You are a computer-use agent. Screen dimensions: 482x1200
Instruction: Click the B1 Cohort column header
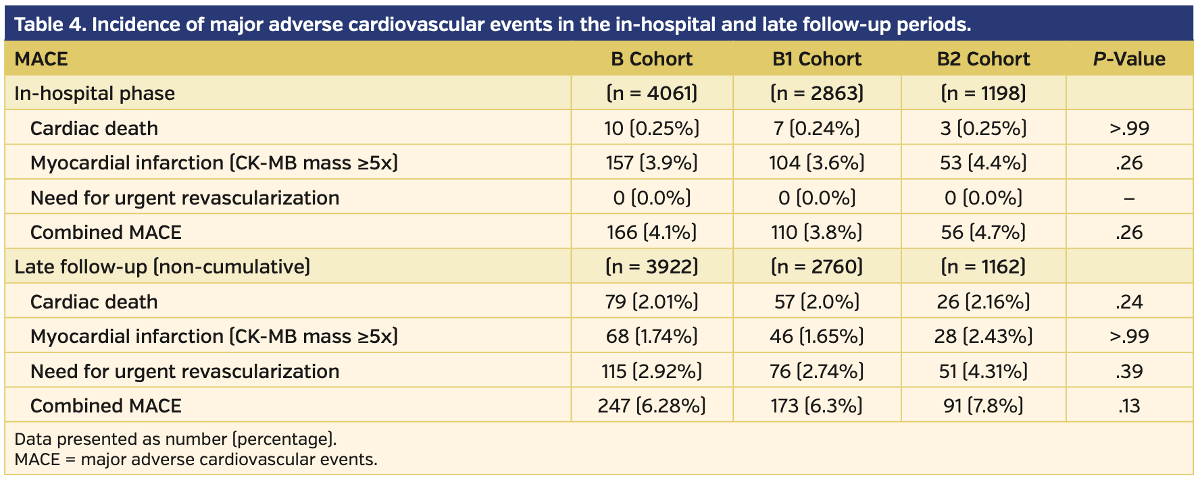(x=816, y=59)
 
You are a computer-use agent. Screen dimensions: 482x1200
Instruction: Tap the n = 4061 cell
(x=651, y=93)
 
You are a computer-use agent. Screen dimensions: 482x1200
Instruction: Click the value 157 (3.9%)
(x=651, y=163)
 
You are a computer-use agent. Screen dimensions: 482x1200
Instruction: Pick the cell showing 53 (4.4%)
(x=983, y=163)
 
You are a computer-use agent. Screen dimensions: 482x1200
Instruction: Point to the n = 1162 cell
(x=983, y=267)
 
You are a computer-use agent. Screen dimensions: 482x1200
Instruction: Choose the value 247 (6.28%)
(x=651, y=406)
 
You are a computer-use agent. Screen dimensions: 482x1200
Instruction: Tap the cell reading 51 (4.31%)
(x=983, y=371)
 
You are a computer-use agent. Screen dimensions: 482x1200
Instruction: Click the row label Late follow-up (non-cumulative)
(x=162, y=267)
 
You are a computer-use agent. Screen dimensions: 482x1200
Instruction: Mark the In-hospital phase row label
(x=95, y=93)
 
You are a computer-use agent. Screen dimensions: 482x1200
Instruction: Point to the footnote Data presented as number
(x=175, y=439)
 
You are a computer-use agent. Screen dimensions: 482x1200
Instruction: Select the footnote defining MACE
(x=195, y=460)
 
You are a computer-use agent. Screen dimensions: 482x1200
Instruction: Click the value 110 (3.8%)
(x=816, y=232)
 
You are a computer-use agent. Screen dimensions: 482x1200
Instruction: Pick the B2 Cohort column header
(x=983, y=59)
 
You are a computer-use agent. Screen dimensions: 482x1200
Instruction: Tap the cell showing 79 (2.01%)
(x=651, y=302)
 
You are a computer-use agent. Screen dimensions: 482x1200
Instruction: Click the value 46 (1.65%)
(x=816, y=336)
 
